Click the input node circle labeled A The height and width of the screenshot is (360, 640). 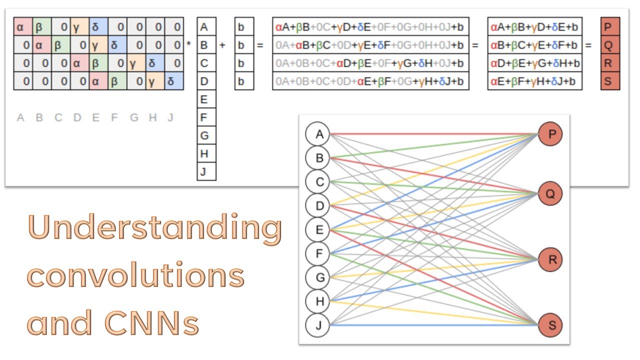[x=319, y=134]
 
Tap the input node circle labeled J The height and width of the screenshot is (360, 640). [x=319, y=325]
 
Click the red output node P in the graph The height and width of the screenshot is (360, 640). [x=550, y=134]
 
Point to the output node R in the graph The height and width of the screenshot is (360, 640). [x=550, y=259]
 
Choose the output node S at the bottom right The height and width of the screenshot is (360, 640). [x=550, y=325]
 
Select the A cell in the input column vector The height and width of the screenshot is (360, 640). [x=206, y=27]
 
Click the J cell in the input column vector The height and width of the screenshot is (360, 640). [x=206, y=171]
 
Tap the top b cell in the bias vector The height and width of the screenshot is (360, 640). [x=244, y=27]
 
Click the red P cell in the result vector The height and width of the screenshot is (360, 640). [x=610, y=27]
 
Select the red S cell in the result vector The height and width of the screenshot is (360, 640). [x=610, y=81]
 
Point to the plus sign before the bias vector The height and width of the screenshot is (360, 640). [x=222, y=45]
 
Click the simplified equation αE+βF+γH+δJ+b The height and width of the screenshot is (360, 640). [x=534, y=81]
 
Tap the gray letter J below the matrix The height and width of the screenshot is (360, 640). [x=170, y=118]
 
